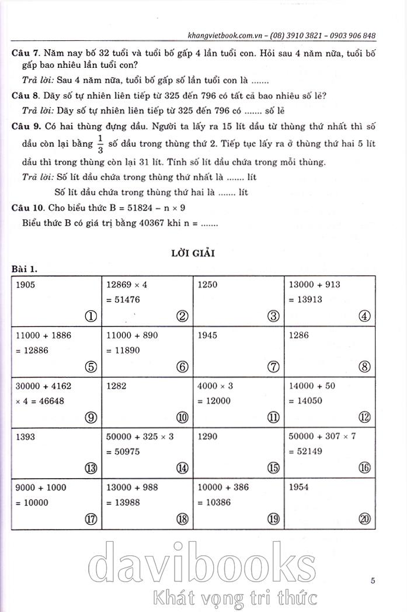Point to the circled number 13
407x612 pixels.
[x=90, y=468]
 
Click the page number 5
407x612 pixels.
[x=373, y=580]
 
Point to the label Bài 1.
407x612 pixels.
[x=25, y=269]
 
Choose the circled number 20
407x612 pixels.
[x=364, y=518]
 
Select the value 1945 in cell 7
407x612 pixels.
[x=208, y=336]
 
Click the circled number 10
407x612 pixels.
[x=182, y=417]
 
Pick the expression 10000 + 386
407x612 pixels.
[x=224, y=486]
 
